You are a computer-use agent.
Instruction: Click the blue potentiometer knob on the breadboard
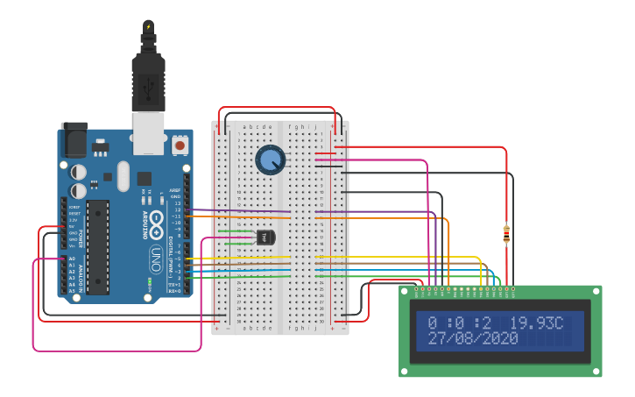(270, 160)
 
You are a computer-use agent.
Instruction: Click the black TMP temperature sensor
(265, 237)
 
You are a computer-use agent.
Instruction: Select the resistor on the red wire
(506, 234)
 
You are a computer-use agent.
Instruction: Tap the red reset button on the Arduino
(180, 145)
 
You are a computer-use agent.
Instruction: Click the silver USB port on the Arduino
(148, 131)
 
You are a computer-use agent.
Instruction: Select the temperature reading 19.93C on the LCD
(537, 323)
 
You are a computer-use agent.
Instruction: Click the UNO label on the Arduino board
(155, 260)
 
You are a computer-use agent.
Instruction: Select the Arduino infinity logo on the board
(155, 221)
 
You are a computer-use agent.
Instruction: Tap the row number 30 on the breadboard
(236, 321)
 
